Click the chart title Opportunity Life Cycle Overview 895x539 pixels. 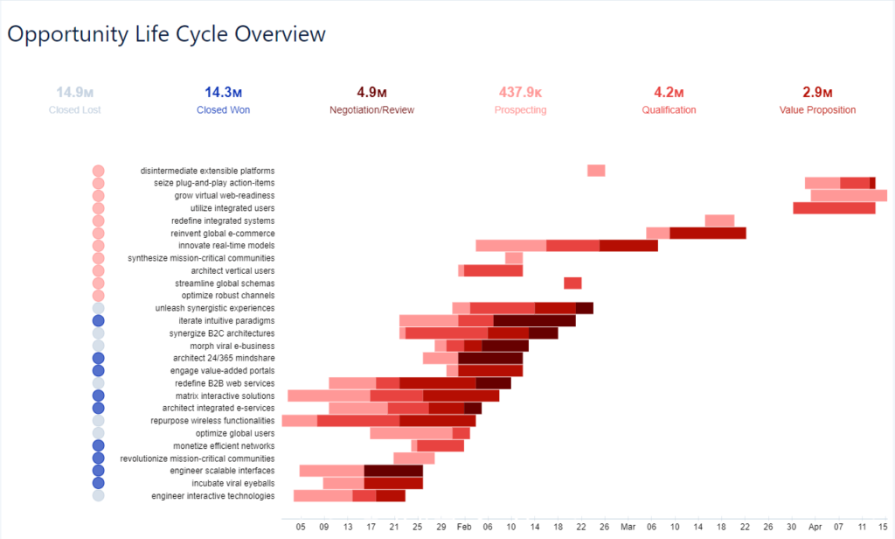[x=166, y=35]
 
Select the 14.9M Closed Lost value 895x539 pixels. [x=75, y=92]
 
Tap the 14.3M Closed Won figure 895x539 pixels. [x=224, y=92]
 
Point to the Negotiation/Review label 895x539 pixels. [x=371, y=110]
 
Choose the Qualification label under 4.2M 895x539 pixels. [x=669, y=110]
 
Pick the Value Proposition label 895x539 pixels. [x=817, y=110]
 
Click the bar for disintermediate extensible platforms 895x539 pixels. [x=596, y=171]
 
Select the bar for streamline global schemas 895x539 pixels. [x=572, y=283]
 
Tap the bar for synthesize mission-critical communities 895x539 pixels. [x=514, y=258]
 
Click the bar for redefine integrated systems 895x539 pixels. [x=719, y=220]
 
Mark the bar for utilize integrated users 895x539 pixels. [x=834, y=208]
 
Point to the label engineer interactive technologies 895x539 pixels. [x=212, y=496]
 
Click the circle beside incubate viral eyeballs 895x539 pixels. [x=98, y=483]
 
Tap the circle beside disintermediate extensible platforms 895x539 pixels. [x=98, y=171]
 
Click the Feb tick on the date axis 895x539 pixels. [x=464, y=528]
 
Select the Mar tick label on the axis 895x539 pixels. [x=628, y=528]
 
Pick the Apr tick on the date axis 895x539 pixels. [x=815, y=528]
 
